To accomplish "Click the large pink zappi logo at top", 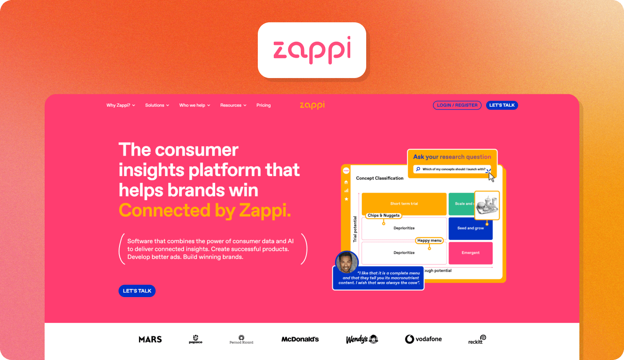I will [x=312, y=50].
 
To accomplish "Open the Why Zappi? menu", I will [x=120, y=105].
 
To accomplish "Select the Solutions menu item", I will [x=157, y=105].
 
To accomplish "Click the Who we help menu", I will [x=194, y=105].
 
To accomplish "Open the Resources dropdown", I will [x=233, y=105].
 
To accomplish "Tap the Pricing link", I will [x=263, y=105].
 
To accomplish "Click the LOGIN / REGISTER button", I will [x=457, y=105].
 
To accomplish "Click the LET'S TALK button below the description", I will [x=137, y=291].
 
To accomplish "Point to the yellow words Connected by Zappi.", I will [x=205, y=210].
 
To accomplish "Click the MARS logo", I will [x=150, y=339].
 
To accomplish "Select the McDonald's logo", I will [x=300, y=339].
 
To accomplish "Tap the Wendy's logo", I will [x=361, y=339].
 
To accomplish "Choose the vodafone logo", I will [x=423, y=339].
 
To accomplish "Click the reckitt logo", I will [x=477, y=340].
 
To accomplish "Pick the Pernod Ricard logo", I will [x=241, y=340].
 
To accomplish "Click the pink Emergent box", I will [x=471, y=253].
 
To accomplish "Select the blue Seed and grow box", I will [x=471, y=228].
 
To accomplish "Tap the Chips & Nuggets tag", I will [x=383, y=215].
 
